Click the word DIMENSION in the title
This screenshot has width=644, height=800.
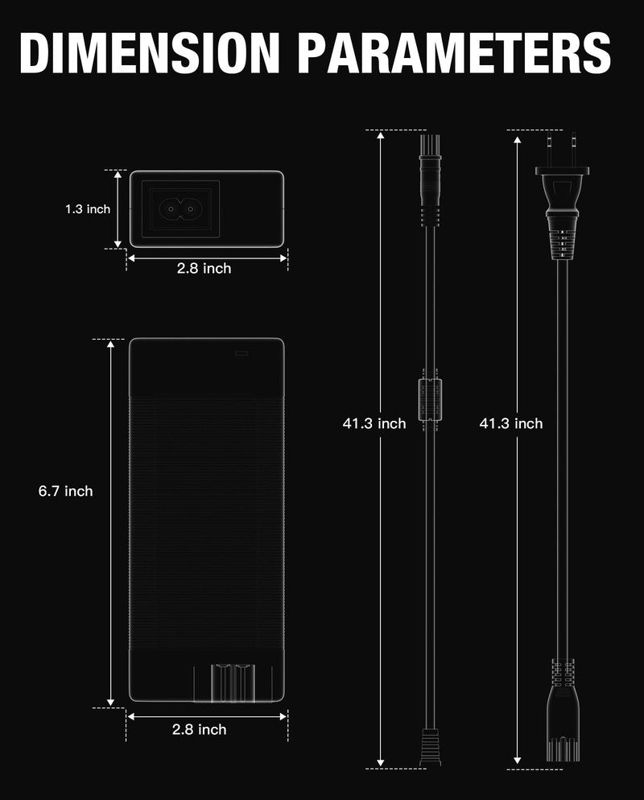point(150,53)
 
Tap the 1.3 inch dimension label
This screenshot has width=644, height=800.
point(88,209)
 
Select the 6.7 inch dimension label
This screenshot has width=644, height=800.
point(66,491)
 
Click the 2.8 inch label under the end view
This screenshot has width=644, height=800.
point(204,268)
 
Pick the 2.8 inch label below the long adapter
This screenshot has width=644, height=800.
point(199,730)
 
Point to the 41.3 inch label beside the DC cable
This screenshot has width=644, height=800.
point(374,423)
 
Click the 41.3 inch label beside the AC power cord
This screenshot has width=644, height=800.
point(511,423)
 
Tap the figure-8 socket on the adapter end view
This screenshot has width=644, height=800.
point(180,208)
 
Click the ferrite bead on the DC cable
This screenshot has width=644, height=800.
point(430,399)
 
